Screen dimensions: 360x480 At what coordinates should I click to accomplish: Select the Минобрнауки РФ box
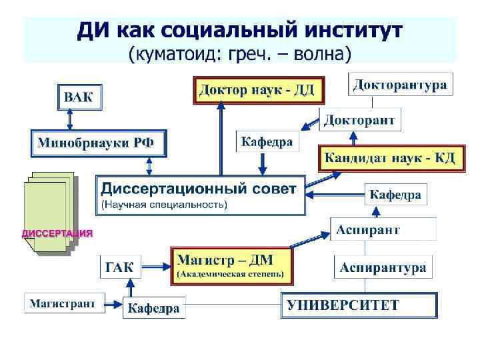[98, 143]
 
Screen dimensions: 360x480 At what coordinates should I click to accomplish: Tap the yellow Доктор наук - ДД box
[259, 91]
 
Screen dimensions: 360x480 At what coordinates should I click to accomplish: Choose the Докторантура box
[399, 85]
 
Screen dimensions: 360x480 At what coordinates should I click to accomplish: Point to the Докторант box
[360, 121]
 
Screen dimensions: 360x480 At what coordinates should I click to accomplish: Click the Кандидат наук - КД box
[389, 158]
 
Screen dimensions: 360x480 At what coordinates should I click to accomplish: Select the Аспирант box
[368, 230]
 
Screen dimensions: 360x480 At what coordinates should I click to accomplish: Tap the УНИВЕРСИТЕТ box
[359, 307]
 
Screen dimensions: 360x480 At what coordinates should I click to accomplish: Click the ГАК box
[120, 268]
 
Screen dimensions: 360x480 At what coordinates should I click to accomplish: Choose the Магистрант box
[65, 303]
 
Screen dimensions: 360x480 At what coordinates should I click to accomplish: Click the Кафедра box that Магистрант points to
[154, 308]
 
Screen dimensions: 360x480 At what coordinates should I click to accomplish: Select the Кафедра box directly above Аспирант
[395, 195]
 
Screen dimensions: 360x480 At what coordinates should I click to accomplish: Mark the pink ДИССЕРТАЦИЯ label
[57, 233]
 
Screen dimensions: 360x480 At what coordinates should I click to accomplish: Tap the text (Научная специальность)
[164, 204]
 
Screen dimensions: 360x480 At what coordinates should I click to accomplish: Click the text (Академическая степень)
[230, 273]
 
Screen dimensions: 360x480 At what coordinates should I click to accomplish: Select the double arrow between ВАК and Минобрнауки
[71, 121]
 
